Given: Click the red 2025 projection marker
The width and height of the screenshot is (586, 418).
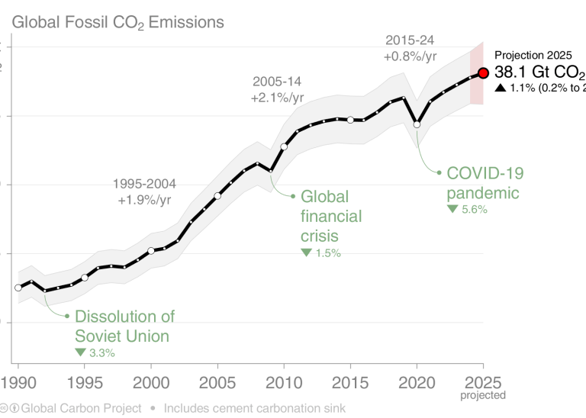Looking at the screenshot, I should pos(482,73).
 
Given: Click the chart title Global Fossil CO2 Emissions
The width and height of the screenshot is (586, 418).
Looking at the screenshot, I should pos(118,22).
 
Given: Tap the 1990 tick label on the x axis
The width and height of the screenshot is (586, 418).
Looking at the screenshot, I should pos(18,381).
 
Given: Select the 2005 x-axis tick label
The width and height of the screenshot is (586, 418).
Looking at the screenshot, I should pos(217,381).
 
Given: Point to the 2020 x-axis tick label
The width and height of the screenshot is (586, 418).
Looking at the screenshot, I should pos(417,381).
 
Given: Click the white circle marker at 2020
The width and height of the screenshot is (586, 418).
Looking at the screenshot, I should pos(417,124).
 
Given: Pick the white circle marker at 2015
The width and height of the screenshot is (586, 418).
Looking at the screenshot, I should pos(350,120).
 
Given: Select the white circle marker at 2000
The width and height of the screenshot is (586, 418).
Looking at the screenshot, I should pos(151,250).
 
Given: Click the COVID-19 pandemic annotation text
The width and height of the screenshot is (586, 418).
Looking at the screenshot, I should pos(485,183).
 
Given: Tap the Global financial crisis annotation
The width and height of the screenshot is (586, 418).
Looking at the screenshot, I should pos(331,216).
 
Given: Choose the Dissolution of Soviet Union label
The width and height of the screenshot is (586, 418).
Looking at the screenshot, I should pos(124,326).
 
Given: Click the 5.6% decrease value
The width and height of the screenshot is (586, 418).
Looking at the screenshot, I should pos(467,209).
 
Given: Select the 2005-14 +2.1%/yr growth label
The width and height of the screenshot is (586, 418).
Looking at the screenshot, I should pos(278,89).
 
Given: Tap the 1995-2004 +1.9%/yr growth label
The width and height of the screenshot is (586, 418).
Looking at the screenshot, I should pos(144,192).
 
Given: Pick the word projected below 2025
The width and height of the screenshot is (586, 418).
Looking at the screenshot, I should pos(482,395).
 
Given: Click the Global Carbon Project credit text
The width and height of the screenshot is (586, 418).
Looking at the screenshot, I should pos(72,409).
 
